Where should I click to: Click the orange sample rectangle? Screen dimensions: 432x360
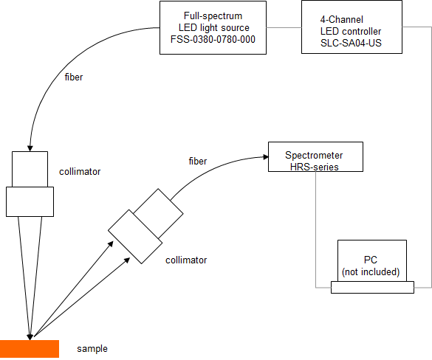(x=30, y=349)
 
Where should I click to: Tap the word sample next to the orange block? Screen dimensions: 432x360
(x=92, y=349)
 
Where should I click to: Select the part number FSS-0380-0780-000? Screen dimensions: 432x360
(x=213, y=39)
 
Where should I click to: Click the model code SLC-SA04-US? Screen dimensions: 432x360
(x=351, y=43)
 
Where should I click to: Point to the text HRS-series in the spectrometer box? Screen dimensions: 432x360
(x=315, y=167)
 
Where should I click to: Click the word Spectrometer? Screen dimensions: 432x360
(x=314, y=155)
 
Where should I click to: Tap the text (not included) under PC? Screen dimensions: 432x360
(x=371, y=272)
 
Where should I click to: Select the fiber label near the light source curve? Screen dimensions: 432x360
(x=74, y=77)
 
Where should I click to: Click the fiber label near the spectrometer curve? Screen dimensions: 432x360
(x=198, y=161)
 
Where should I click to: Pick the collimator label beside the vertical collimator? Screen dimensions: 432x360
(x=80, y=172)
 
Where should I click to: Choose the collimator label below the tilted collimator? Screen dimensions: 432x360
(x=186, y=260)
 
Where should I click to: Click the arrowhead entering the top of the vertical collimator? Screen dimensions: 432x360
(x=30, y=148)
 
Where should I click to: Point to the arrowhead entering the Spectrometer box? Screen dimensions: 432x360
(x=265, y=157)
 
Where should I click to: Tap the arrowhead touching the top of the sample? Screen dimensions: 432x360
(x=30, y=337)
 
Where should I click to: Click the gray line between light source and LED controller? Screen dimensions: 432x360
(x=284, y=27)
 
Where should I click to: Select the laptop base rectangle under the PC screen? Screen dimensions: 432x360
(x=372, y=288)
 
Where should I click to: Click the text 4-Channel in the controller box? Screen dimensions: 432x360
(x=342, y=19)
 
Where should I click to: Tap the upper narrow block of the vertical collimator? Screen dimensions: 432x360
(x=30, y=169)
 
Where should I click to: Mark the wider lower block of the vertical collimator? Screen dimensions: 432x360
(x=30, y=201)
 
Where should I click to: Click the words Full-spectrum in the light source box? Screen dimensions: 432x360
(x=213, y=16)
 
